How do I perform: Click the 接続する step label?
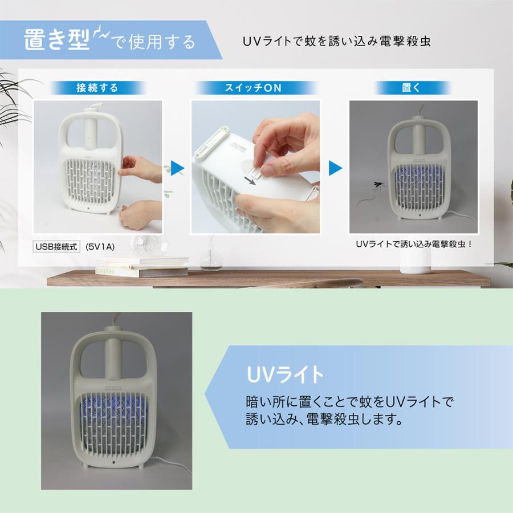tap(97, 88)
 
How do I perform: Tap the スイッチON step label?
tap(253, 88)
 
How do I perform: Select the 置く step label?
tap(411, 88)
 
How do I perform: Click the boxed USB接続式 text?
tap(56, 246)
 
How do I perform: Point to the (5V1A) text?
tap(100, 246)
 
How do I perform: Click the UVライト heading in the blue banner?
tap(285, 374)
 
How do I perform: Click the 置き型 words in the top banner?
tap(57, 41)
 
